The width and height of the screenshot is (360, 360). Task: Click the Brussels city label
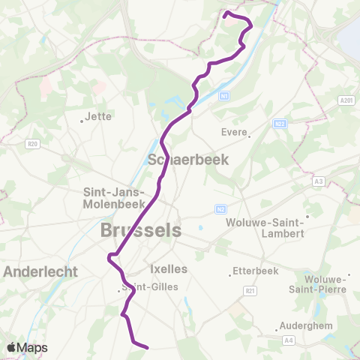[141, 230]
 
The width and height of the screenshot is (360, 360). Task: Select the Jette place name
[98, 116]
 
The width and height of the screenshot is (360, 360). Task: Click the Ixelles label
[169, 268]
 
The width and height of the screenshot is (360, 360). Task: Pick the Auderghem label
[300, 325]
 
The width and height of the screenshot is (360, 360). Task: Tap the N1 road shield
[223, 97]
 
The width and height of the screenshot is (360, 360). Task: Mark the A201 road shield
[346, 100]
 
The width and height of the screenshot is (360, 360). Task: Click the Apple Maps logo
[27, 348]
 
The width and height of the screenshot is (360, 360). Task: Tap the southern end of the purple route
[148, 347]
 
